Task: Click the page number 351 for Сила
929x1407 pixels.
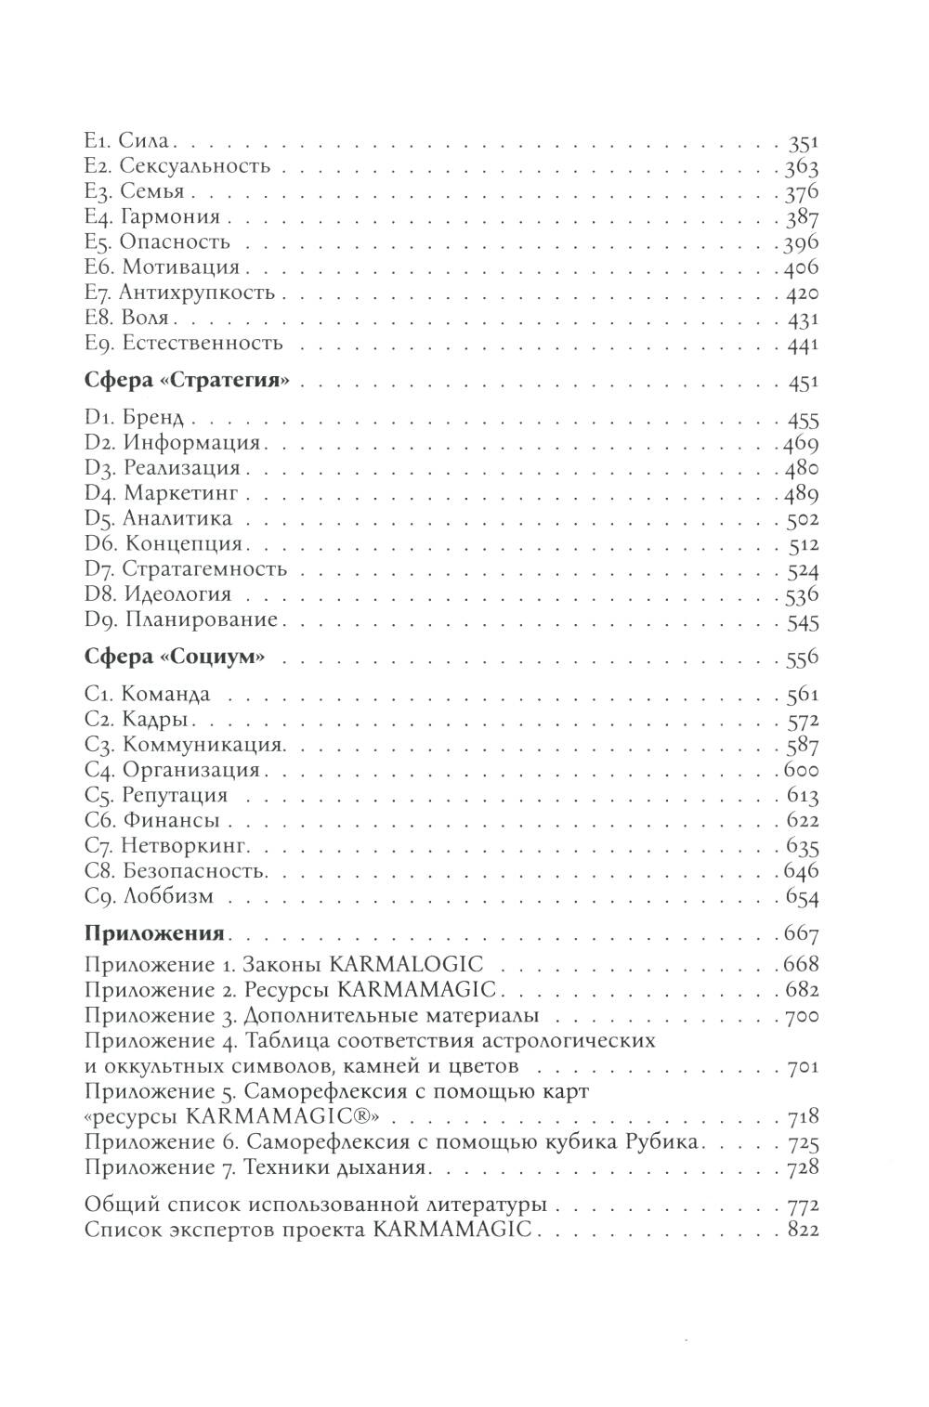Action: pos(802,142)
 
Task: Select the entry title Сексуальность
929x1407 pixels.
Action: pos(195,166)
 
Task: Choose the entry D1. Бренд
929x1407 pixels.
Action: pos(134,417)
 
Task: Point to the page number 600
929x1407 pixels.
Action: pos(801,771)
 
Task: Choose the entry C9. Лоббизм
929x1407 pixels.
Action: pos(149,897)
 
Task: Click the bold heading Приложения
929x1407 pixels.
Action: pos(153,933)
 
